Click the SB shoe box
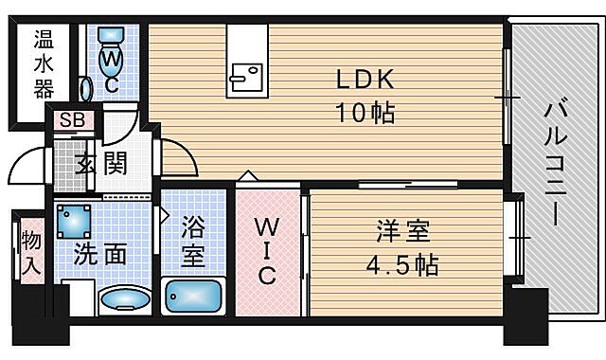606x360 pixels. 69,119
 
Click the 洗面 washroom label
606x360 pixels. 100,255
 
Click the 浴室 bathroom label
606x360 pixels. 194,241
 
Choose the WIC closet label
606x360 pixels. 267,251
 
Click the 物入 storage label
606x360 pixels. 28,251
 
